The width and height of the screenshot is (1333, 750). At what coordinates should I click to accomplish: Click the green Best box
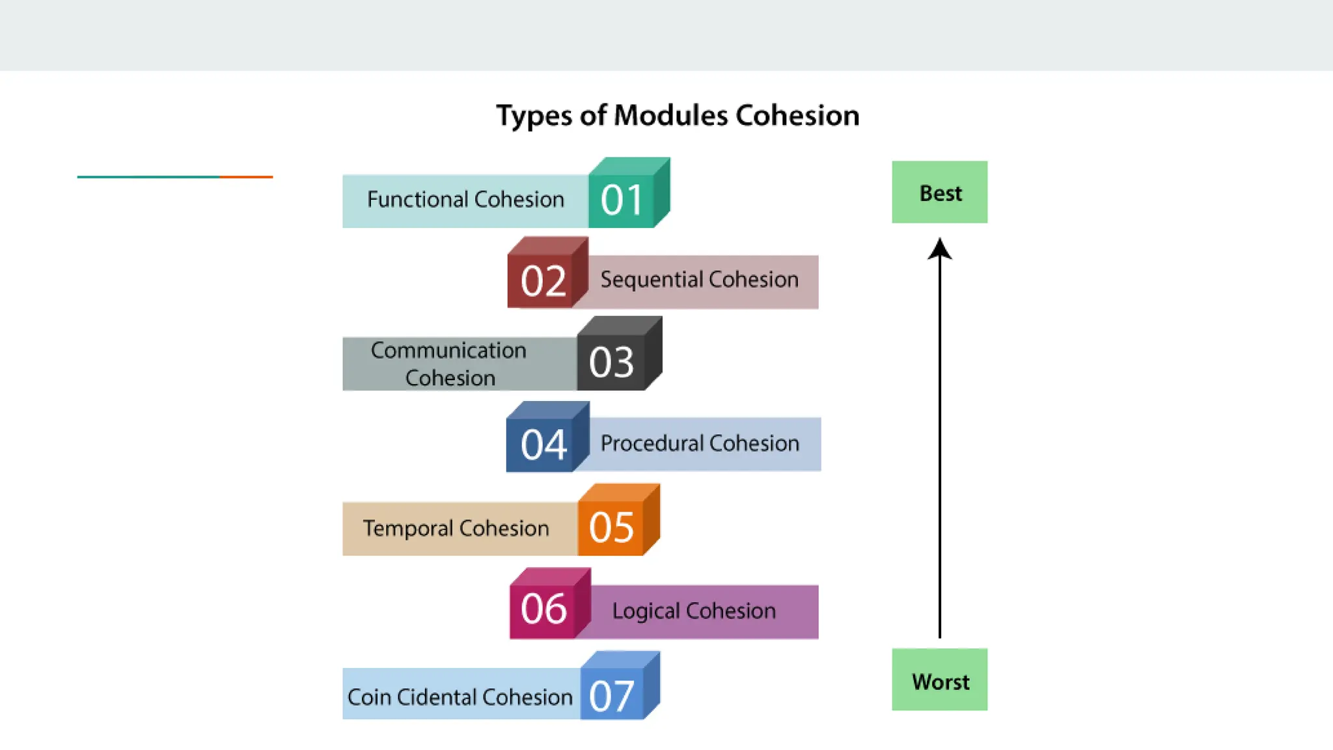click(x=939, y=192)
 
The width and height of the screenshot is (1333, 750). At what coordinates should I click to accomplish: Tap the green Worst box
click(x=939, y=680)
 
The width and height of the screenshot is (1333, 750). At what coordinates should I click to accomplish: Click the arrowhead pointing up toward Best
click(x=939, y=249)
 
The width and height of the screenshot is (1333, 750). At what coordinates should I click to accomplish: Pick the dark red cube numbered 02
click(x=542, y=280)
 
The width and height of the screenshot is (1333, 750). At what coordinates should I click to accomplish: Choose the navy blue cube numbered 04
click(x=542, y=444)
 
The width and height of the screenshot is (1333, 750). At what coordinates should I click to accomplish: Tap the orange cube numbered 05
click(x=612, y=526)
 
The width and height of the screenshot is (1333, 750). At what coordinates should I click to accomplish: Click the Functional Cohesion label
click(x=465, y=199)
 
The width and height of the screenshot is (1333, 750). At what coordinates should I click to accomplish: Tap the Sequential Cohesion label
click(x=699, y=280)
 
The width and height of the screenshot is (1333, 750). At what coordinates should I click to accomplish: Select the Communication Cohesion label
click(x=449, y=364)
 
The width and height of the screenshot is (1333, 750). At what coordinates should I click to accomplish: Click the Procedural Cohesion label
click(x=700, y=443)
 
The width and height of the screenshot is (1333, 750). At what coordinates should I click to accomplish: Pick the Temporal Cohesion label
click(x=456, y=528)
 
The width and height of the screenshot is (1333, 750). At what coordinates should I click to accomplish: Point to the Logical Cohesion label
click(x=694, y=611)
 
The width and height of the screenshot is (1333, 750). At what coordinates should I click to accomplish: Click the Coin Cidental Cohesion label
click(x=460, y=697)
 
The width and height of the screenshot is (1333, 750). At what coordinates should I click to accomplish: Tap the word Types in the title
click(x=534, y=116)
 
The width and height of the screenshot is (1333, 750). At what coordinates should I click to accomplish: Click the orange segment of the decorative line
click(x=246, y=176)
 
